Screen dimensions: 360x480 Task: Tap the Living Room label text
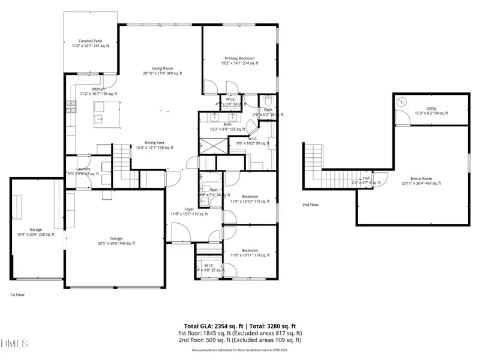[x=162, y=71]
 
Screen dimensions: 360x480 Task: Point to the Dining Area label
[x=154, y=145]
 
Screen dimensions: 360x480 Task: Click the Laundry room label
[x=84, y=171]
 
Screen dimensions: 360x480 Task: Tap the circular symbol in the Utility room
[x=401, y=102]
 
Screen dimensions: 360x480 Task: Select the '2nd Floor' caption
[x=311, y=205]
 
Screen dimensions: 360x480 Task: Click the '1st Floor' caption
[x=17, y=295]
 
